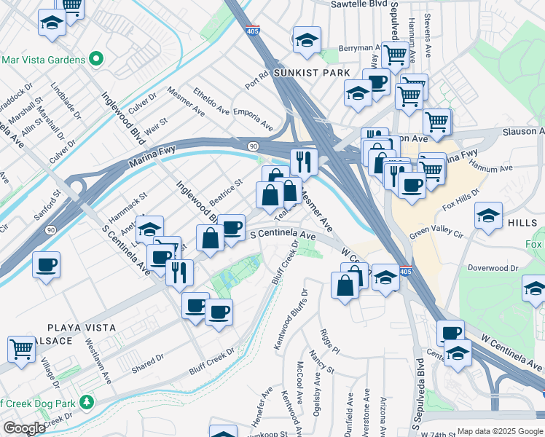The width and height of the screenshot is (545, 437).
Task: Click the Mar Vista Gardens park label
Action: tap(44, 58)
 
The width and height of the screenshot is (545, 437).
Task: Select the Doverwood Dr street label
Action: tap(493, 268)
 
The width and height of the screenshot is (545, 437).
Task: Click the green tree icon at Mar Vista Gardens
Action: tap(95, 58)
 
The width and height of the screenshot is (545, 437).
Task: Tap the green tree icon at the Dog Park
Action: tap(87, 401)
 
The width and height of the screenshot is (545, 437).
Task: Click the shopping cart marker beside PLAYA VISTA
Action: tap(22, 348)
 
